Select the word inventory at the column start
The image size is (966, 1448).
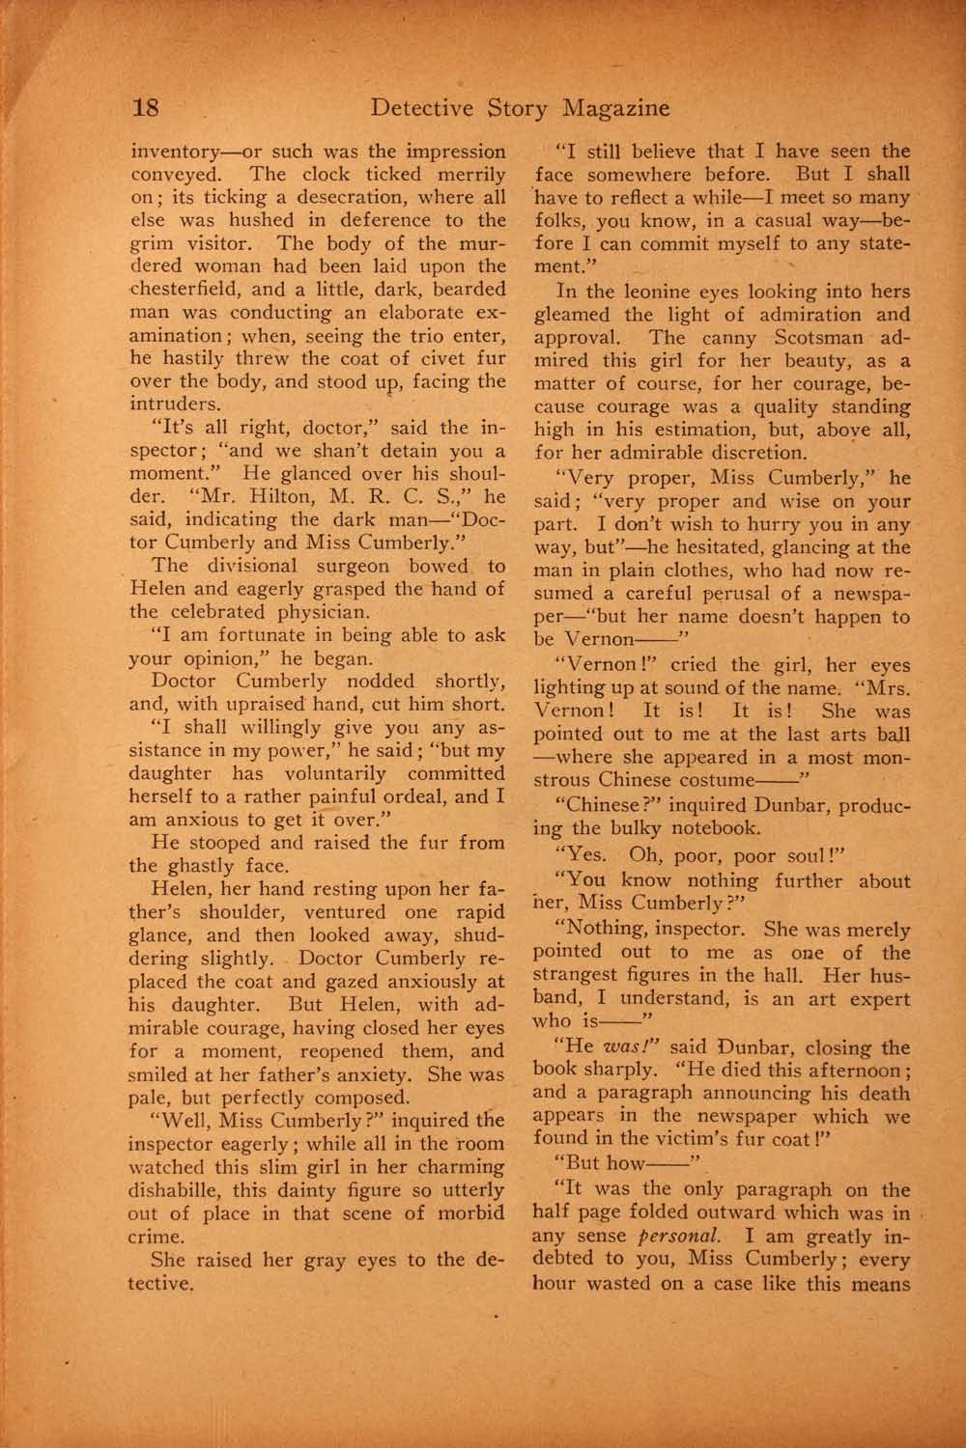pyautogui.click(x=174, y=152)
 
